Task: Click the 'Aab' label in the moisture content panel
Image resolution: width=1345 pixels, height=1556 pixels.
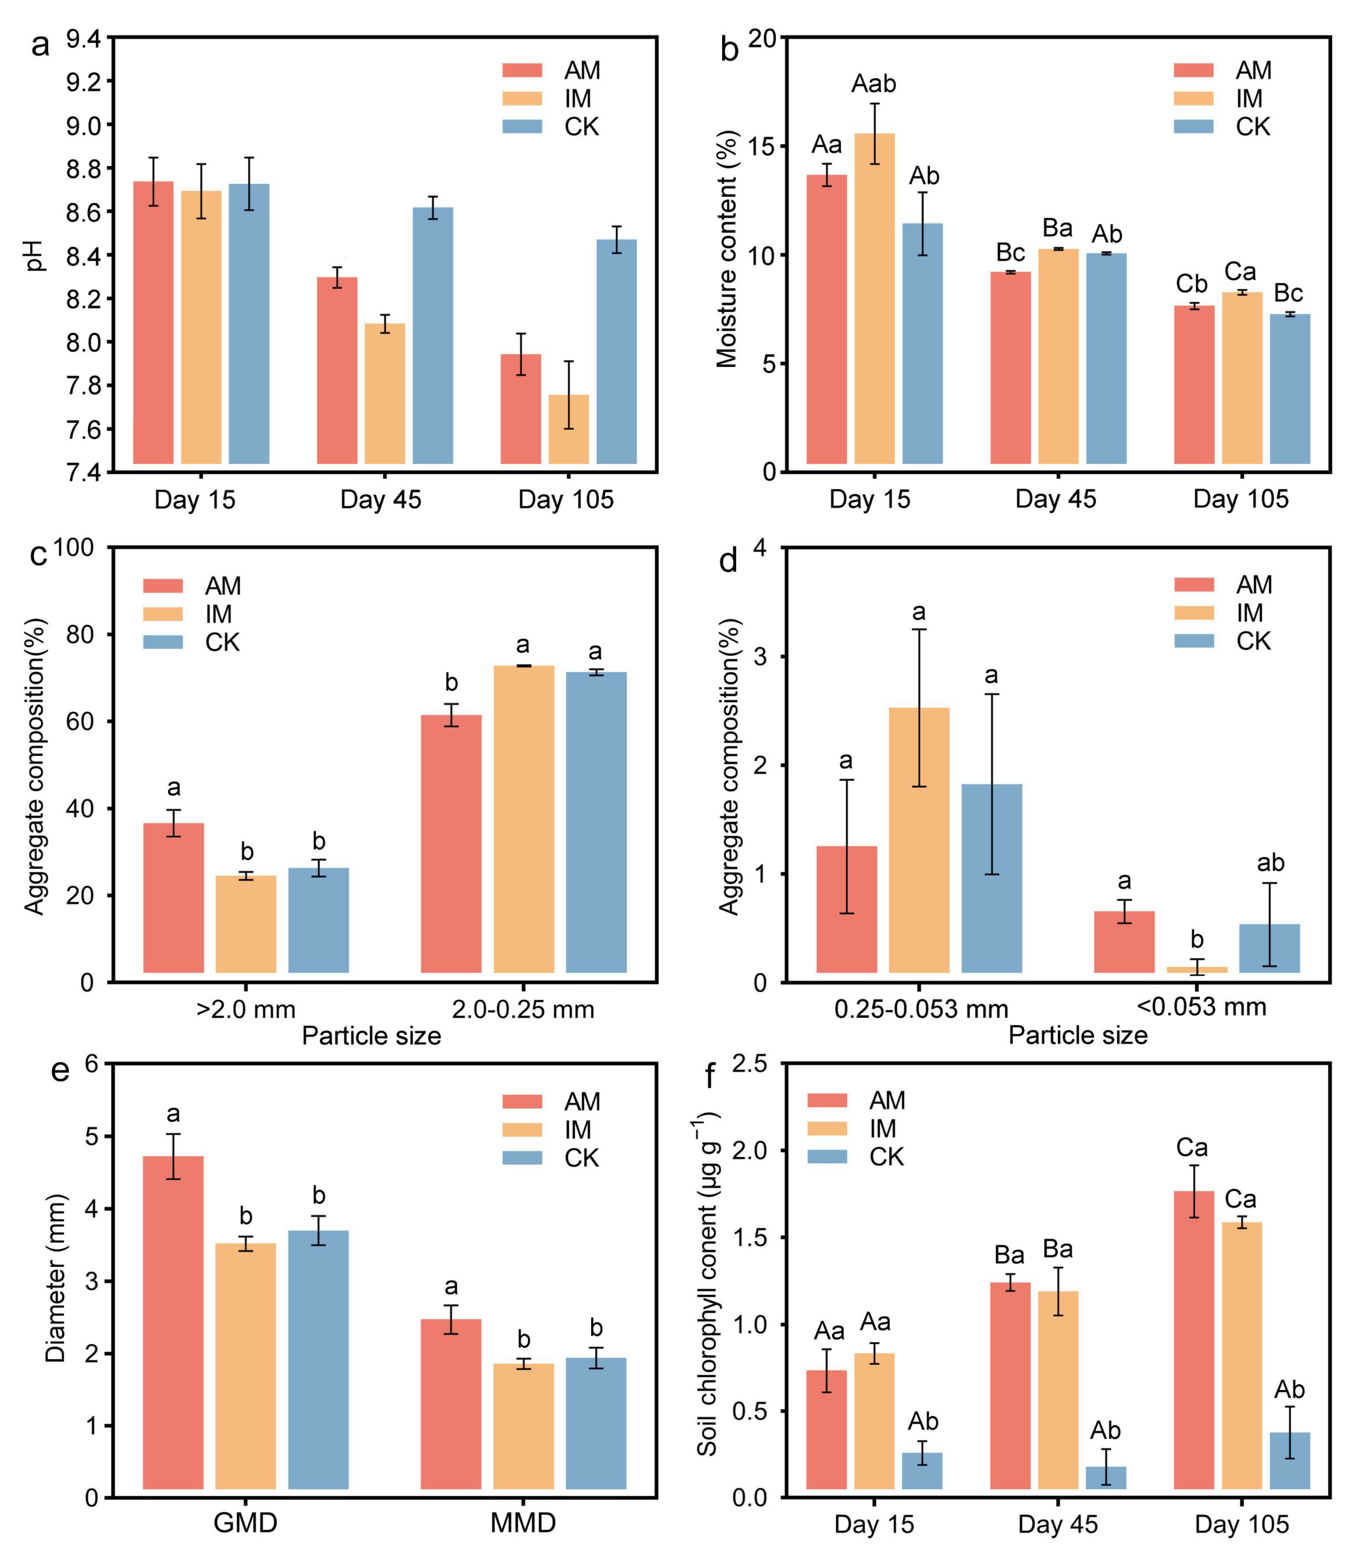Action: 873,83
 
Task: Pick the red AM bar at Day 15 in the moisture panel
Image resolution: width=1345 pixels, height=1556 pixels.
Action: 827,319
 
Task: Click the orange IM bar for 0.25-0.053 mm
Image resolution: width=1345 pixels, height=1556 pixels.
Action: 919,840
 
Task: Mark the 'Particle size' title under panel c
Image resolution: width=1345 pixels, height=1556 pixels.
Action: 372,1036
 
